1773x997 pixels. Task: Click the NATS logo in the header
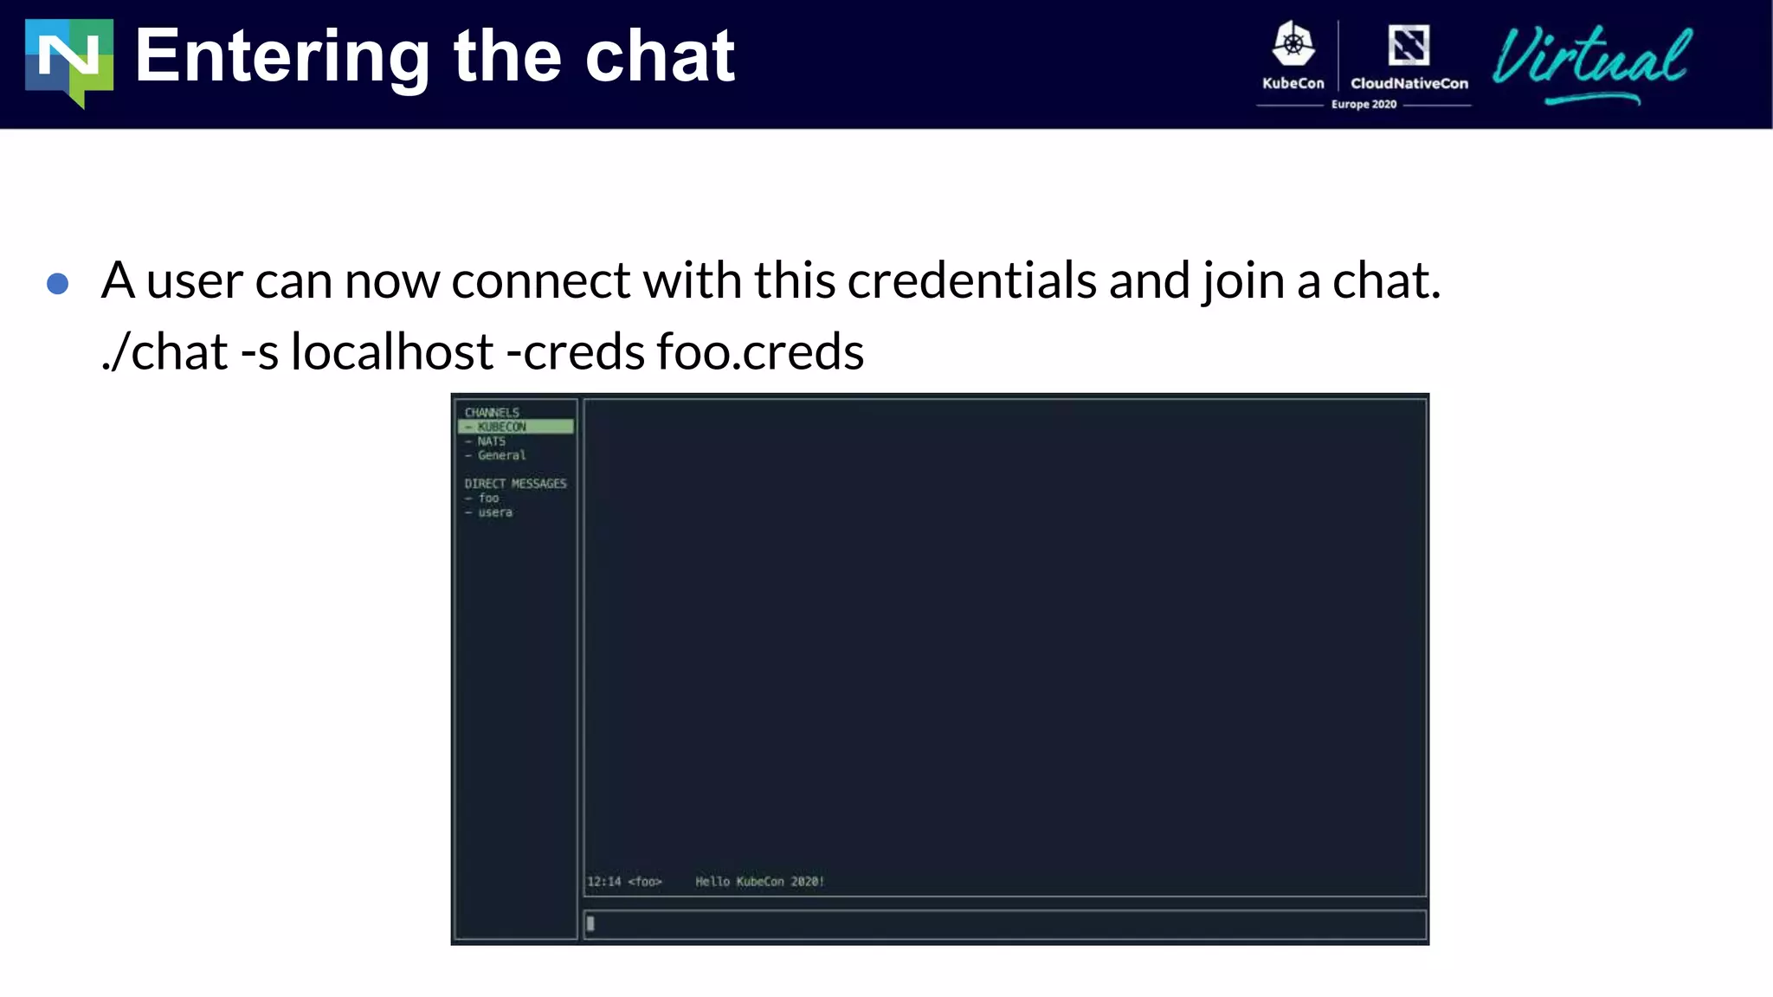pyautogui.click(x=69, y=62)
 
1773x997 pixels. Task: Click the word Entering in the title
pyautogui.click(x=282, y=57)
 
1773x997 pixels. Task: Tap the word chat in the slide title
pyautogui.click(x=660, y=57)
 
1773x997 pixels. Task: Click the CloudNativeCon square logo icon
pyautogui.click(x=1409, y=45)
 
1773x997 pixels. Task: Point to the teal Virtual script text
pyautogui.click(x=1591, y=61)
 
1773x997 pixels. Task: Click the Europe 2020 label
pyautogui.click(x=1364, y=105)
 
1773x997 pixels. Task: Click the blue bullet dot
pyautogui.click(x=58, y=284)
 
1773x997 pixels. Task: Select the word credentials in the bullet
pyautogui.click(x=971, y=280)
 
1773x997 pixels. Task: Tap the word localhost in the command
pyautogui.click(x=391, y=351)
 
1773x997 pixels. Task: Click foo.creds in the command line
pyautogui.click(x=760, y=351)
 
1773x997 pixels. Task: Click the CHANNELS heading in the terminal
pyautogui.click(x=492, y=413)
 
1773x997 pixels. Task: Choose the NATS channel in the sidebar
pyautogui.click(x=491, y=441)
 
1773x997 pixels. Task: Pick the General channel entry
pyautogui.click(x=501, y=455)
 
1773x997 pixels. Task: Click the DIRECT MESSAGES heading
pyautogui.click(x=515, y=484)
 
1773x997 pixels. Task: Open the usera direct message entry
pyautogui.click(x=494, y=512)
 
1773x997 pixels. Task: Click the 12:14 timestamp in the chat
pyautogui.click(x=604, y=882)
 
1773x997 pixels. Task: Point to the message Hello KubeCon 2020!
pyautogui.click(x=759, y=882)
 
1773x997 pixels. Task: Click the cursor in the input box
pyautogui.click(x=590, y=923)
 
